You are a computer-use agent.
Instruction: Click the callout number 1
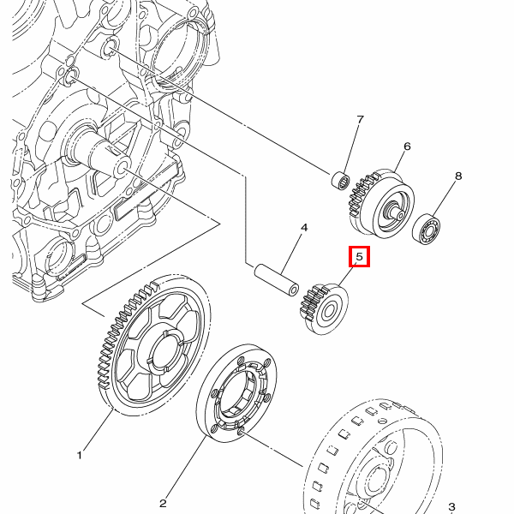pyautogui.click(x=80, y=455)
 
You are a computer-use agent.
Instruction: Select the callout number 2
pyautogui.click(x=163, y=503)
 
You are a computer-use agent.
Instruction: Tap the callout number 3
pyautogui.click(x=451, y=507)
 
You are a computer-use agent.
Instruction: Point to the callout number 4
pyautogui.click(x=303, y=228)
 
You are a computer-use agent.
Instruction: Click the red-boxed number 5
pyautogui.click(x=359, y=256)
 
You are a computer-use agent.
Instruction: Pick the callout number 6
pyautogui.click(x=407, y=146)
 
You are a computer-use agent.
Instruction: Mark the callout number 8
pyautogui.click(x=457, y=176)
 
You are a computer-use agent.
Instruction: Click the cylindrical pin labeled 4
pyautogui.click(x=276, y=278)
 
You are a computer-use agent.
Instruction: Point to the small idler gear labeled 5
pyautogui.click(x=325, y=308)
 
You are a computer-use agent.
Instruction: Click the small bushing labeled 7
pyautogui.click(x=341, y=180)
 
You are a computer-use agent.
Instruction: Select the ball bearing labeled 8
pyautogui.click(x=426, y=229)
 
